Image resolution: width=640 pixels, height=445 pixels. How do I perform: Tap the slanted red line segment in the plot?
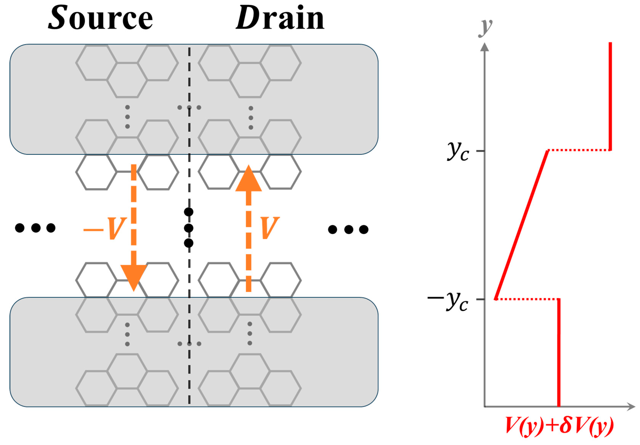[x=521, y=225]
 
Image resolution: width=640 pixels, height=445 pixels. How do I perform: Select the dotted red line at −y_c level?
[x=527, y=299]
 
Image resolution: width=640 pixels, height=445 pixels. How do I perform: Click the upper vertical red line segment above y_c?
[x=610, y=96]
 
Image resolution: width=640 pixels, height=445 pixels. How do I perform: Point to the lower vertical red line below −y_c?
[x=559, y=353]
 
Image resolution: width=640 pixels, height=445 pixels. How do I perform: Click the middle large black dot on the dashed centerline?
[x=189, y=228]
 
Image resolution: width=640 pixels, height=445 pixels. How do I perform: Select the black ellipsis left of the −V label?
[x=35, y=228]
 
